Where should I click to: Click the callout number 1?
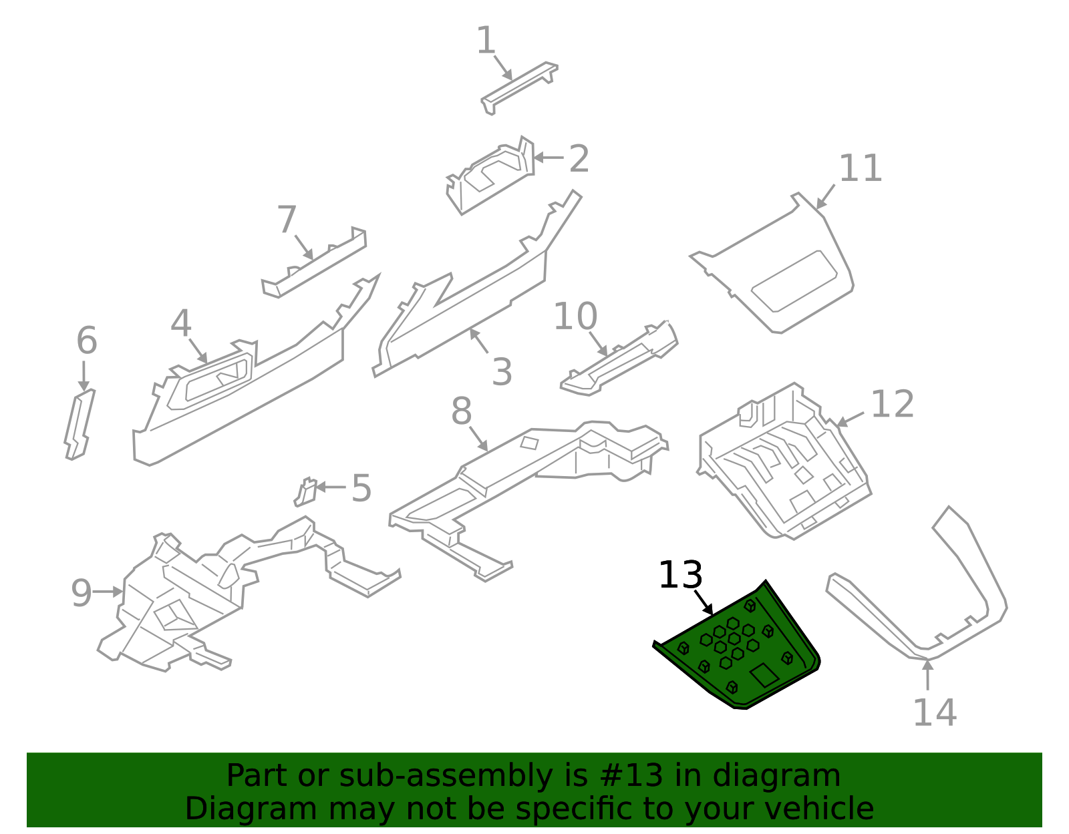[x=486, y=41]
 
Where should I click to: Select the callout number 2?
[x=579, y=159]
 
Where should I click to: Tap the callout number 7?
[x=286, y=220]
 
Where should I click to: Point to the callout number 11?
[x=860, y=168]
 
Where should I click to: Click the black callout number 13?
[x=680, y=575]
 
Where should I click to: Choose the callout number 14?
[x=934, y=712]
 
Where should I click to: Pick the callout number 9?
[x=81, y=593]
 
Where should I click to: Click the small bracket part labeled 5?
[x=306, y=492]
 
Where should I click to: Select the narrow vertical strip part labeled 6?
[x=80, y=425]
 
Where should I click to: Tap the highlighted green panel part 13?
[x=735, y=661]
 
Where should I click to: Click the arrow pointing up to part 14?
[x=927, y=674]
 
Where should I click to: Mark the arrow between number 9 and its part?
[x=108, y=592]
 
